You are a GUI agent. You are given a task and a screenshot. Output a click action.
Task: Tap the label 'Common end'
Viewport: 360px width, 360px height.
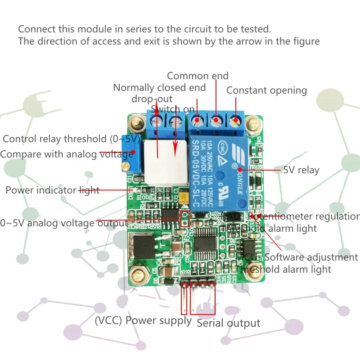(x=198, y=76)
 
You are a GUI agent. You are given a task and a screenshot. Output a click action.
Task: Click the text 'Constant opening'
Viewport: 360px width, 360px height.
(x=266, y=90)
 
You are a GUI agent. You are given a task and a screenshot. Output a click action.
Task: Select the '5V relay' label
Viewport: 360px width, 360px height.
(x=301, y=170)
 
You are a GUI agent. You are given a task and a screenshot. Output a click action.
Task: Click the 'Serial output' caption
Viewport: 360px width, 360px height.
(x=229, y=323)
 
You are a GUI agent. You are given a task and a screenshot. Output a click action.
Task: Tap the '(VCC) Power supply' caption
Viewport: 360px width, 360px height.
(x=143, y=320)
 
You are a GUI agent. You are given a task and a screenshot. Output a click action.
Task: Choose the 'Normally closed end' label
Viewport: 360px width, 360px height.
(x=159, y=87)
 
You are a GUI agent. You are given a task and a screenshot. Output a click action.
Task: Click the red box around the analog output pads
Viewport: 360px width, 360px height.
(x=184, y=218)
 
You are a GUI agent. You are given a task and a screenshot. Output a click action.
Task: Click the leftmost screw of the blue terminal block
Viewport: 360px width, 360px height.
(x=156, y=121)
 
